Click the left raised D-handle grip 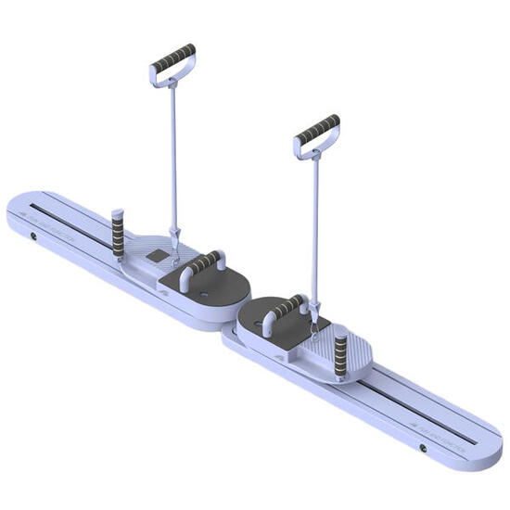point(173,59)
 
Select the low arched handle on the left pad point(201,265)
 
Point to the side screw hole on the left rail point(34,236)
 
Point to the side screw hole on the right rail point(423,448)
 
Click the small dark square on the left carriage point(159,255)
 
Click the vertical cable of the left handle point(172,158)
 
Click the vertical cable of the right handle point(316,232)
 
